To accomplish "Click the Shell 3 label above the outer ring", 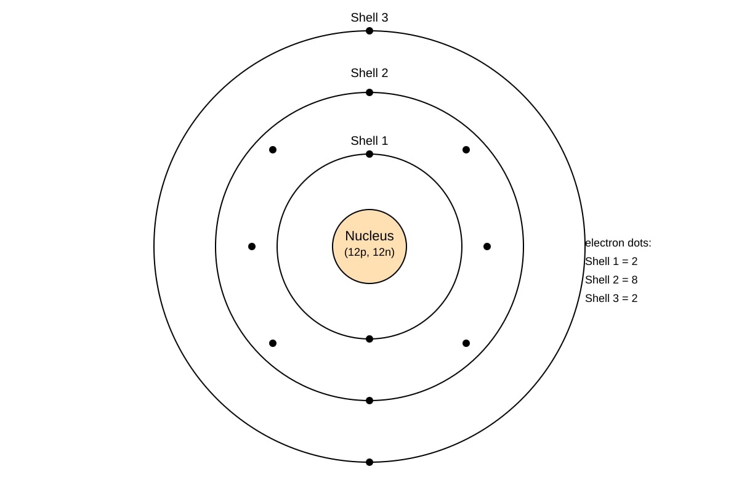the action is [369, 17].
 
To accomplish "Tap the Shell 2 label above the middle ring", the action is [369, 73].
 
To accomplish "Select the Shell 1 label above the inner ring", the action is [369, 141].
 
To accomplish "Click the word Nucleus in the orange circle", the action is [369, 236].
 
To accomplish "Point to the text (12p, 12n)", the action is [369, 252].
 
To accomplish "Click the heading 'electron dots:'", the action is [618, 243].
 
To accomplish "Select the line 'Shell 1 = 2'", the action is [612, 261].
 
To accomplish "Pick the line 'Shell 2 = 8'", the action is [612, 280].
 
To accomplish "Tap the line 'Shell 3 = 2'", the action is [612, 298].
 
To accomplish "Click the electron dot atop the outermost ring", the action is [369, 31].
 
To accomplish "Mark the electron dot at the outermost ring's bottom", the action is [369, 462].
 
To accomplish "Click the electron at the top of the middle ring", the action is [369, 92].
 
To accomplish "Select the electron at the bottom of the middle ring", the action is [369, 401].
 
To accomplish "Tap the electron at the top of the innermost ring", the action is [369, 154].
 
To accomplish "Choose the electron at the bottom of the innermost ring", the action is [369, 339].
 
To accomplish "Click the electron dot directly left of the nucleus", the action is [252, 246].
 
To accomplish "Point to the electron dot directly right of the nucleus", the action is [487, 246].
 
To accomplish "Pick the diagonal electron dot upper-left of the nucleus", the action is [273, 150].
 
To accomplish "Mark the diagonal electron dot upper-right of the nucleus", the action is [466, 150].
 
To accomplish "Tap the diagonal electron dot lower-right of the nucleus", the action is [466, 343].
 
